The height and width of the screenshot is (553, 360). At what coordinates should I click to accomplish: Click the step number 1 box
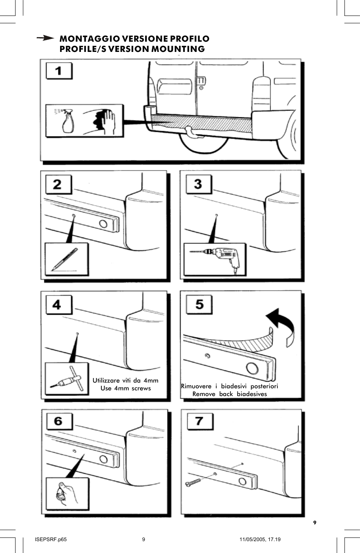click(x=58, y=71)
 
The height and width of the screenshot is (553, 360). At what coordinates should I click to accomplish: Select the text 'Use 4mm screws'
click(x=125, y=388)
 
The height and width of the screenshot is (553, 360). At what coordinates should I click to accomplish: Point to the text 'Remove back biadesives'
click(x=229, y=394)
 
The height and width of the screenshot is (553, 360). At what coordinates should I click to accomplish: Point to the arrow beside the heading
click(x=45, y=38)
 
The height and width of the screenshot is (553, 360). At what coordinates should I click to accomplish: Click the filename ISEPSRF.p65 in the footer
click(x=51, y=539)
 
